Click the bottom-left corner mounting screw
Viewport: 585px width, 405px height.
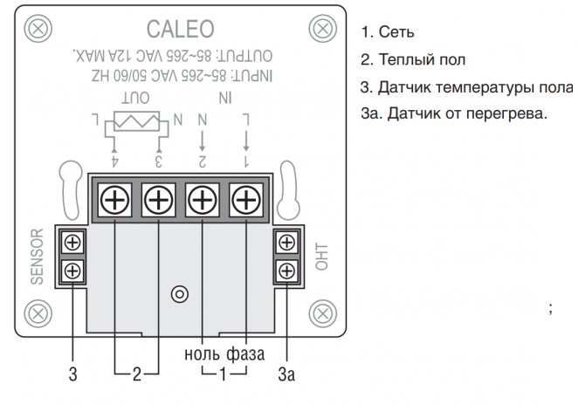pyautogui.click(x=37, y=312)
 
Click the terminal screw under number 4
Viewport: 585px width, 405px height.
pyautogui.click(x=114, y=202)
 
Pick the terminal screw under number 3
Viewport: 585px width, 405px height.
pyautogui.click(x=159, y=202)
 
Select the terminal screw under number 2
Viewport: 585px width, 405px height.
pyautogui.click(x=203, y=202)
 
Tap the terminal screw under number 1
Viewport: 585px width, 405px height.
pyautogui.click(x=247, y=202)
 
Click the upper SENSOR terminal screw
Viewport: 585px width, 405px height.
pyautogui.click(x=73, y=242)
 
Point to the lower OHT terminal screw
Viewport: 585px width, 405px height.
pyautogui.click(x=286, y=271)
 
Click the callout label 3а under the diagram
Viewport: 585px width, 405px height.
pyautogui.click(x=286, y=376)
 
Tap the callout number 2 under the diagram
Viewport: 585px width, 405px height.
pyautogui.click(x=136, y=376)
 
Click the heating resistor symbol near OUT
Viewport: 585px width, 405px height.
pyautogui.click(x=136, y=120)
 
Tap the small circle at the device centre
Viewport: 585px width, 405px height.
pyautogui.click(x=180, y=293)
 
